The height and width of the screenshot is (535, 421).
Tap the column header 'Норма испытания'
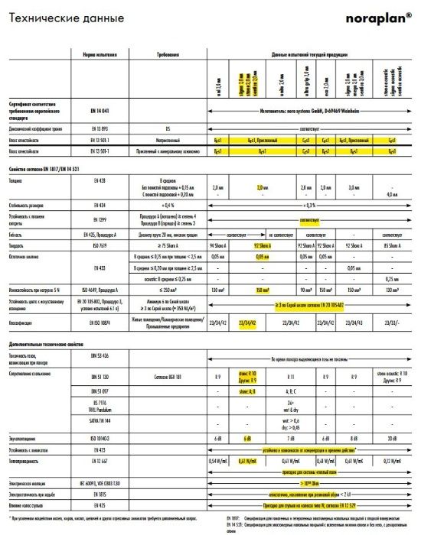coord(99,57)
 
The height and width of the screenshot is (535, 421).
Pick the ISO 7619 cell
coord(99,247)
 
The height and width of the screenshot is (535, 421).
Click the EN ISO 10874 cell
coord(99,324)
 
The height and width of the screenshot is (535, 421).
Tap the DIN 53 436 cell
coord(99,358)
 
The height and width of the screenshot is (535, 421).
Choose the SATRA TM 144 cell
coord(99,421)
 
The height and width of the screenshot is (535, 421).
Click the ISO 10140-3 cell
coord(99,438)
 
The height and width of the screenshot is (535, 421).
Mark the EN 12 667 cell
coord(99,461)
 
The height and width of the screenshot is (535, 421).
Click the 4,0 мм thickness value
coord(390,196)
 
